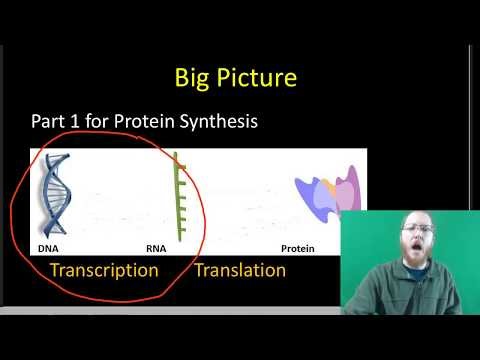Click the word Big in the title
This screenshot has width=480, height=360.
click(193, 77)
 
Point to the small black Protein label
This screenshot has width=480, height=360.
click(298, 248)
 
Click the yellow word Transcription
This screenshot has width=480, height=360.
click(104, 271)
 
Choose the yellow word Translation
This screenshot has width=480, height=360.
click(240, 271)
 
